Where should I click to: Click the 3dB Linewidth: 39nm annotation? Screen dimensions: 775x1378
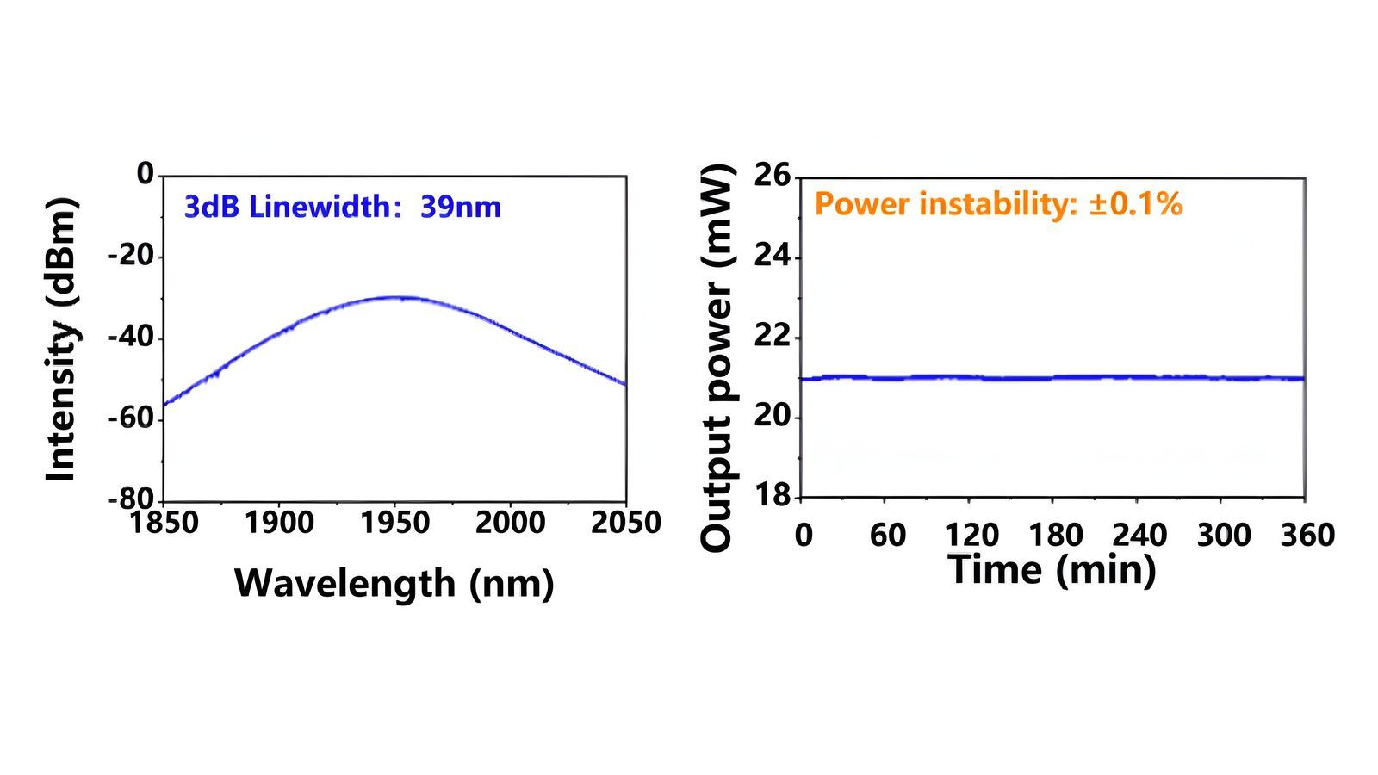(342, 207)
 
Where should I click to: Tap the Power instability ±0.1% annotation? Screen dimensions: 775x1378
(998, 204)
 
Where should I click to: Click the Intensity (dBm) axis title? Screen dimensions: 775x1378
(61, 339)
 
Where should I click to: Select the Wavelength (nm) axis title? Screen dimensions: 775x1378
(394, 583)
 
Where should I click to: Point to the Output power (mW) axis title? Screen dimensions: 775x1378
(717, 357)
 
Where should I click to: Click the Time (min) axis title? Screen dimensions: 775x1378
(1052, 569)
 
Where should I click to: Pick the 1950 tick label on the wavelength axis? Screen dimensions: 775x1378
(394, 523)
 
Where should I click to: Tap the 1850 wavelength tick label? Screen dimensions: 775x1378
(164, 523)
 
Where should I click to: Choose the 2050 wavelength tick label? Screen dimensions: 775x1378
(625, 523)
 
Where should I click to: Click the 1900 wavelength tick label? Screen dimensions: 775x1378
(279, 523)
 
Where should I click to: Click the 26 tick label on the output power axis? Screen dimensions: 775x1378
(772, 176)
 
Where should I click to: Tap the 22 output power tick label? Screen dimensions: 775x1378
(772, 337)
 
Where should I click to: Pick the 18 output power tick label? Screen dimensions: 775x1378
(772, 497)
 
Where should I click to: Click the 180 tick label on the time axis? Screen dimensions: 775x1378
(1056, 536)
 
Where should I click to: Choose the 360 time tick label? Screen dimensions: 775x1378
(1307, 536)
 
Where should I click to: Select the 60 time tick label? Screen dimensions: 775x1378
(887, 536)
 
